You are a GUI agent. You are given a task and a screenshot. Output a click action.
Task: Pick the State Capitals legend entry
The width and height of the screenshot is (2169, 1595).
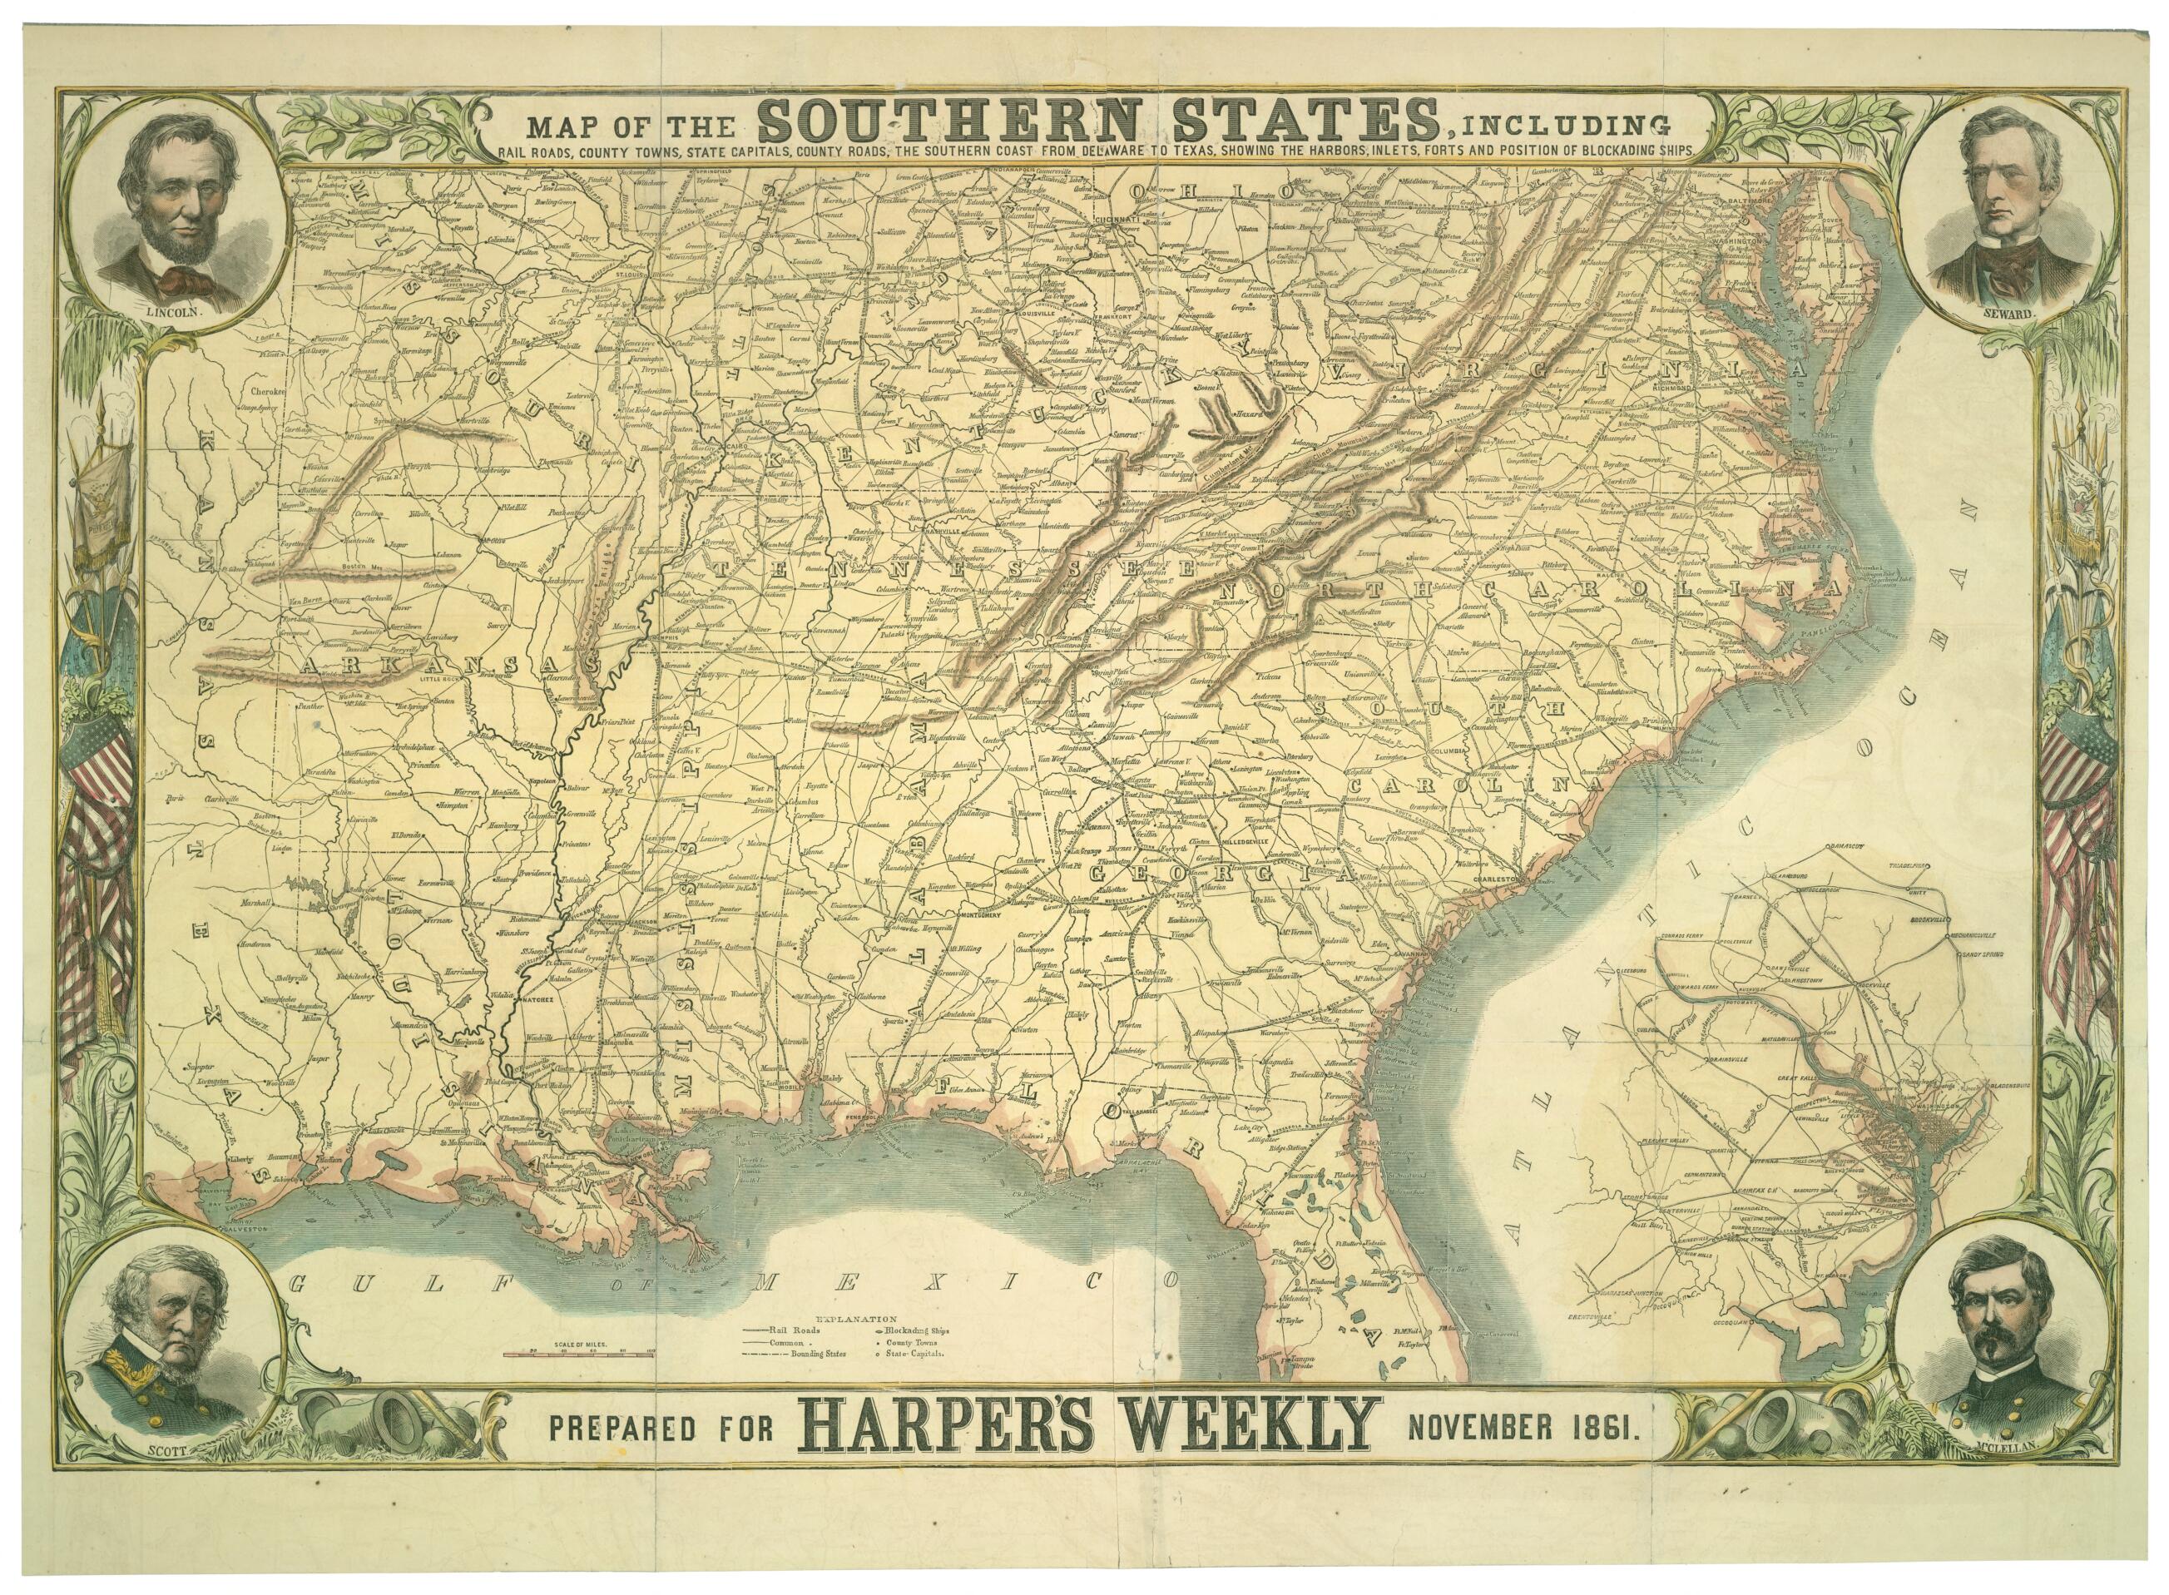pos(909,1354)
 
